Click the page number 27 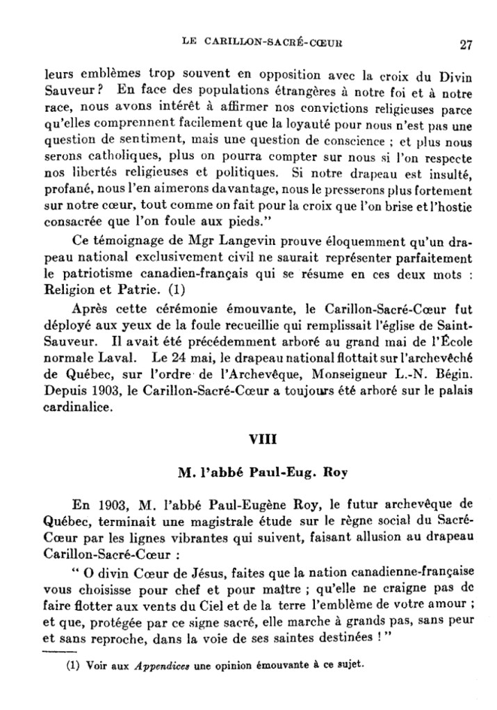point(466,46)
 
